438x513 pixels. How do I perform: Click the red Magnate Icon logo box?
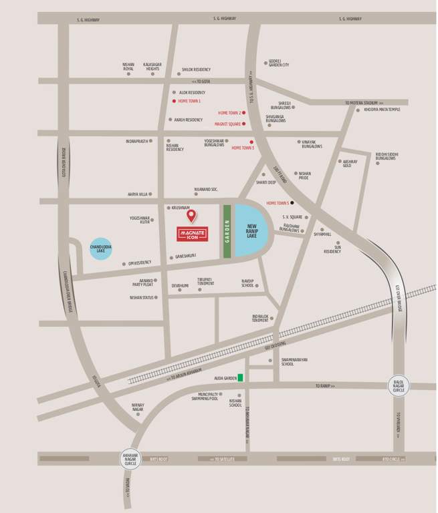point(193,234)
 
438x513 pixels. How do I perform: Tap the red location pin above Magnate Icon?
point(191,216)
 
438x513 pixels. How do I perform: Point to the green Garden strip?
point(227,230)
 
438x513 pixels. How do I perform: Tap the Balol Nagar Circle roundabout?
point(399,385)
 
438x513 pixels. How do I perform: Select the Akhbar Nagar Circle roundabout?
point(130,458)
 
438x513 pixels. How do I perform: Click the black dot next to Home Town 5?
point(292,202)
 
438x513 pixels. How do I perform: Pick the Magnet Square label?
point(227,124)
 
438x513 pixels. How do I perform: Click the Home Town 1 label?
point(189,101)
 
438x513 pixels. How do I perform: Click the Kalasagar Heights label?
point(152,67)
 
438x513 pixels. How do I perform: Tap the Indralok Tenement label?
point(260,318)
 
